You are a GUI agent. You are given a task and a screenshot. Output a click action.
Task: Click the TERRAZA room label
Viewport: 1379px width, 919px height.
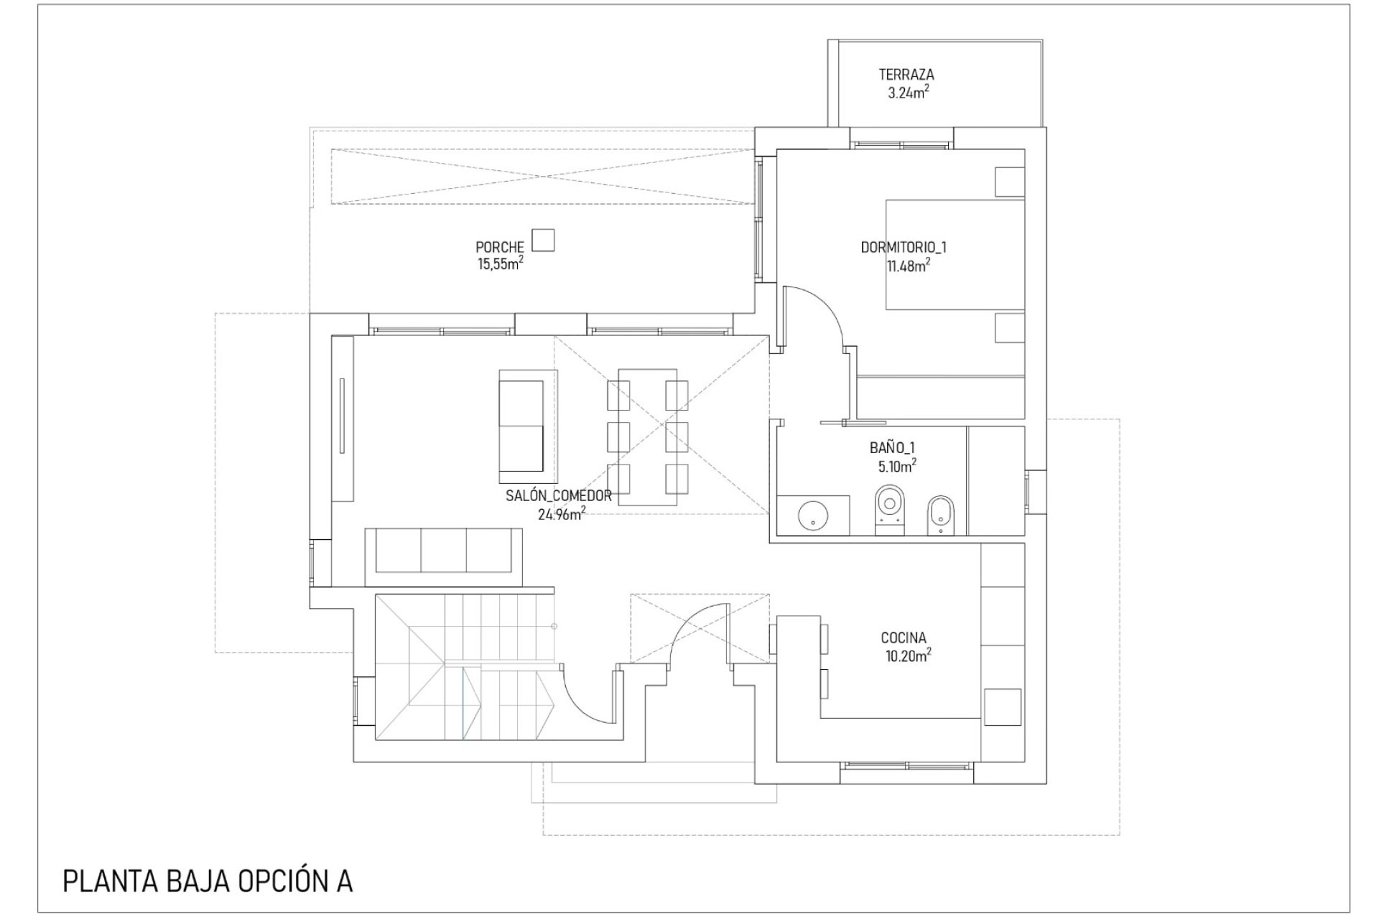tap(906, 74)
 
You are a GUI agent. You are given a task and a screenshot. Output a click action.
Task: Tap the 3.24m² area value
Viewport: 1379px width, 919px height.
tap(909, 92)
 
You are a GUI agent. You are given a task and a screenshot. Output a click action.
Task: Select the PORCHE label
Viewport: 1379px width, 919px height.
tap(500, 248)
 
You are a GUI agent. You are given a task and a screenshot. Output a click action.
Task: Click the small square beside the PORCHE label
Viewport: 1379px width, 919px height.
tap(543, 240)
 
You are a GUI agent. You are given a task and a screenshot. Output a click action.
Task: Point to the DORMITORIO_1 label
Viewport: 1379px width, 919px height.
tap(904, 247)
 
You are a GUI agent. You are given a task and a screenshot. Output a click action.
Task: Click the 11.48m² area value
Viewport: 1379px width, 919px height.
tap(909, 266)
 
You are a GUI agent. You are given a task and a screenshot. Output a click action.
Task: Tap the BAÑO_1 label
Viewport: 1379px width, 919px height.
tap(892, 447)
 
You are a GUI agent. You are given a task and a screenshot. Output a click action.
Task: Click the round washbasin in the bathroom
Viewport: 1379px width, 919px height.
tap(813, 514)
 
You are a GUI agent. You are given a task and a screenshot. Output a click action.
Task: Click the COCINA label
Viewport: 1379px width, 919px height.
tap(904, 638)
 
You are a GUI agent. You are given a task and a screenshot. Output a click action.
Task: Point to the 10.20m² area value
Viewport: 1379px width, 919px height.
tap(909, 655)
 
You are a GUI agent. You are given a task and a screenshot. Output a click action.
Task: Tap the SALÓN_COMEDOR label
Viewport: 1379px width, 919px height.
tap(559, 495)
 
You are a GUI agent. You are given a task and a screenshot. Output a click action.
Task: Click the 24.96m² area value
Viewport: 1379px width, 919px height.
tap(562, 513)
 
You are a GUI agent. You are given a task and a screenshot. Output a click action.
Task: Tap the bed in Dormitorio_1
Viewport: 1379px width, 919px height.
tap(955, 255)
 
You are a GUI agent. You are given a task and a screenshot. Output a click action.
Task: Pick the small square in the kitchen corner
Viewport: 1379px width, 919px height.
tap(1003, 707)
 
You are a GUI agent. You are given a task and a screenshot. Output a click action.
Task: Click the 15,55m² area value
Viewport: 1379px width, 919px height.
tap(501, 264)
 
